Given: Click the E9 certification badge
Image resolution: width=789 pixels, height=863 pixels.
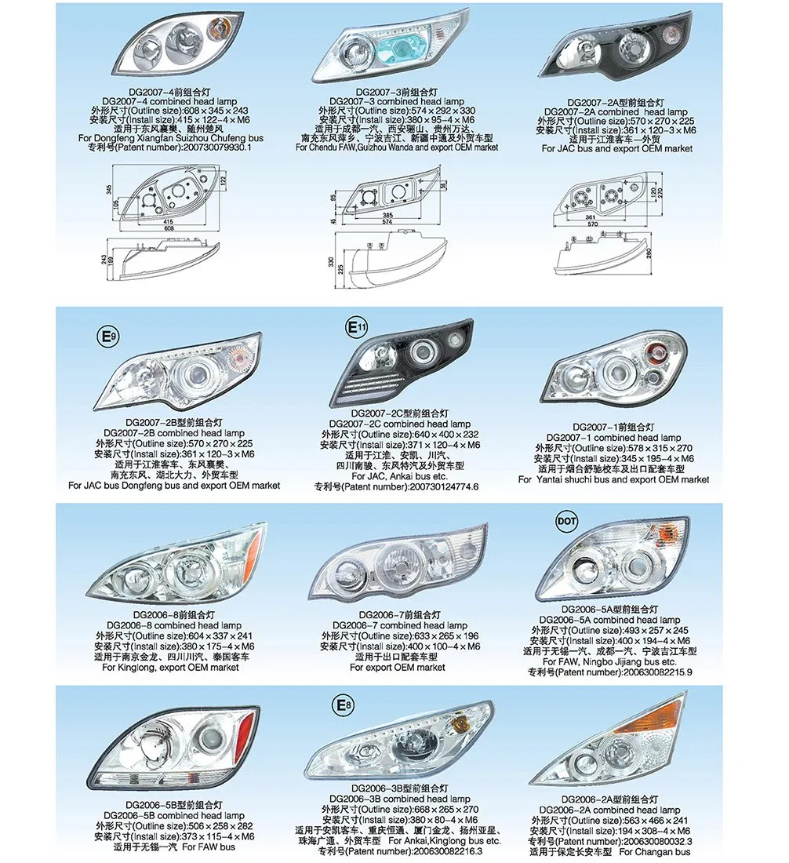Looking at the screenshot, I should (x=107, y=337).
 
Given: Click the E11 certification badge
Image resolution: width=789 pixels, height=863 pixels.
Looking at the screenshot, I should (x=357, y=327).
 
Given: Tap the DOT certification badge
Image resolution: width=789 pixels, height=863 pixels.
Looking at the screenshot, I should (x=566, y=520).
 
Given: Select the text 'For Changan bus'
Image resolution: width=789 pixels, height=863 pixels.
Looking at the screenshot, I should (x=655, y=852).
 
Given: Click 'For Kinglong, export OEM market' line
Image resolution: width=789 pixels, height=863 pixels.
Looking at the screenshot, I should (x=170, y=668).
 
